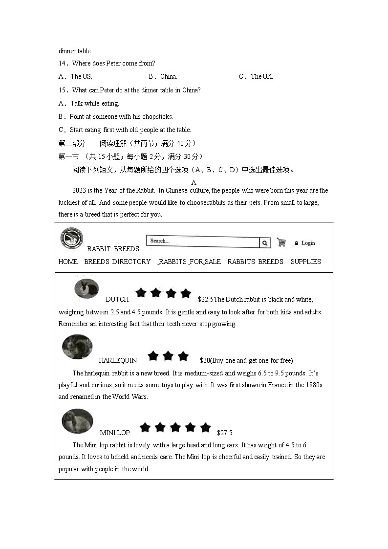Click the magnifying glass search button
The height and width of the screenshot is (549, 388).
coord(265,242)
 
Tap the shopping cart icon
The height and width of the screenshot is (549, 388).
coord(281,242)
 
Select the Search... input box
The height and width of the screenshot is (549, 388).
coord(202,242)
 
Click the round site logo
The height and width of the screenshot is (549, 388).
coord(72,238)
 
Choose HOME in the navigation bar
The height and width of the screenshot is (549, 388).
coord(68,262)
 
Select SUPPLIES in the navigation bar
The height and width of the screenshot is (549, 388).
coord(305,262)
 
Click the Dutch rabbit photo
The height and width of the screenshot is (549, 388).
coord(86,288)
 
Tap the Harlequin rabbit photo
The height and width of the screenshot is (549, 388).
coord(77,347)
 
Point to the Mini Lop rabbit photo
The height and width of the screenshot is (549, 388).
coord(77,421)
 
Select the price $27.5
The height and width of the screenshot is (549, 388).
coord(225,433)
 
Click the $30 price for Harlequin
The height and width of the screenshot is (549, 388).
coord(205,360)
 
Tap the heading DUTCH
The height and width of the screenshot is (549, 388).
coord(117,299)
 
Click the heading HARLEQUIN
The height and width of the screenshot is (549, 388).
coord(118,360)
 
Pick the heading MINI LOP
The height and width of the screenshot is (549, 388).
coord(115,433)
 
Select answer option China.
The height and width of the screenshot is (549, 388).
coord(169,76)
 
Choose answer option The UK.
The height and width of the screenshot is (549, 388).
coord(261,76)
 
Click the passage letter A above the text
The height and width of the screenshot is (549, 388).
coord(194,182)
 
